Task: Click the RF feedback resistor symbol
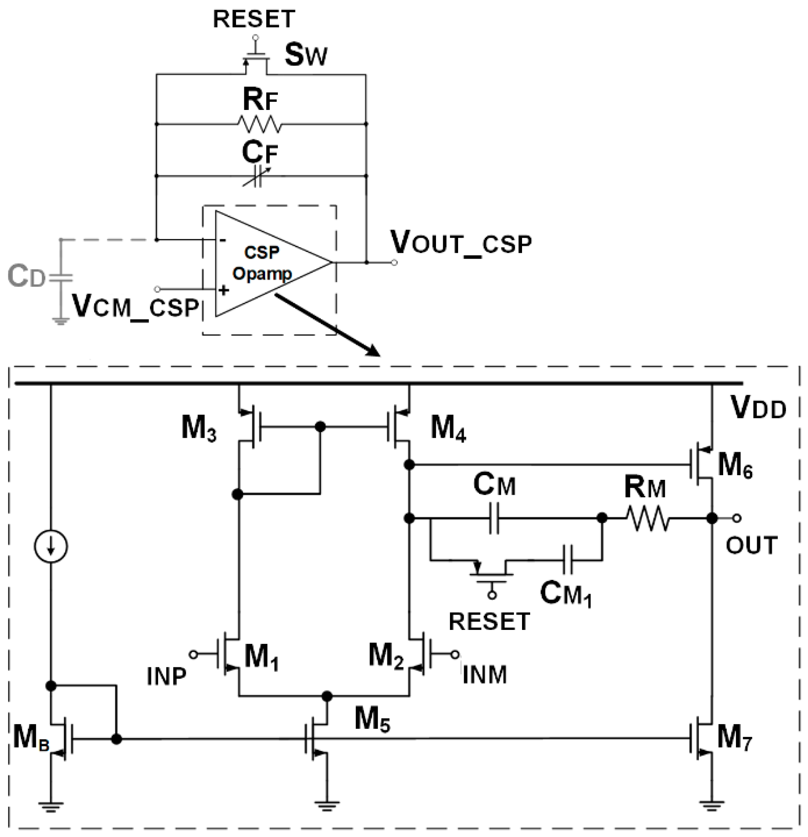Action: tap(259, 125)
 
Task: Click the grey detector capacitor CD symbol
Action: tap(61, 278)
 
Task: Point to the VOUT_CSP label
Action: tap(461, 243)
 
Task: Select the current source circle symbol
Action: tap(51, 546)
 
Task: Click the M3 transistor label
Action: tap(198, 428)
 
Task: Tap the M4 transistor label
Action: tap(448, 428)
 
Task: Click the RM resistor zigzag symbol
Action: tap(647, 518)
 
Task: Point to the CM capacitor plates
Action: tap(494, 518)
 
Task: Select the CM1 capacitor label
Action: tap(566, 594)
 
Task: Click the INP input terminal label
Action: tap(167, 677)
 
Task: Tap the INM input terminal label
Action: tap(484, 675)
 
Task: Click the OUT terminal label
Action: tap(752, 545)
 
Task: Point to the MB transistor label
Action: tap(31, 738)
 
